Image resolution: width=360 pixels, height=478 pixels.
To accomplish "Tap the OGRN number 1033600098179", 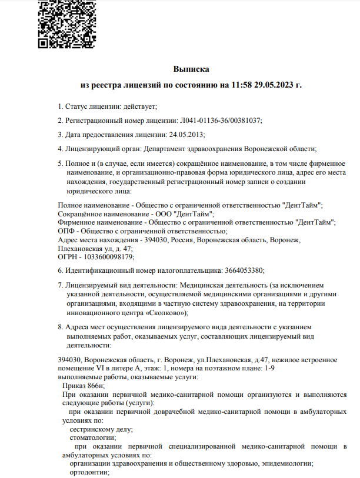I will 105,257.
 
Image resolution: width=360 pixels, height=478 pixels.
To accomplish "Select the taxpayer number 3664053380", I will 244,270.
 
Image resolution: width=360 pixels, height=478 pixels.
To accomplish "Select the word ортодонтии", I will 88,472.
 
